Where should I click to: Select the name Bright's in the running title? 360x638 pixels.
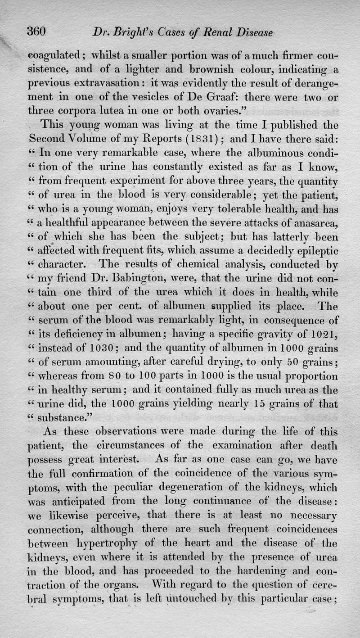[x=126, y=32]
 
